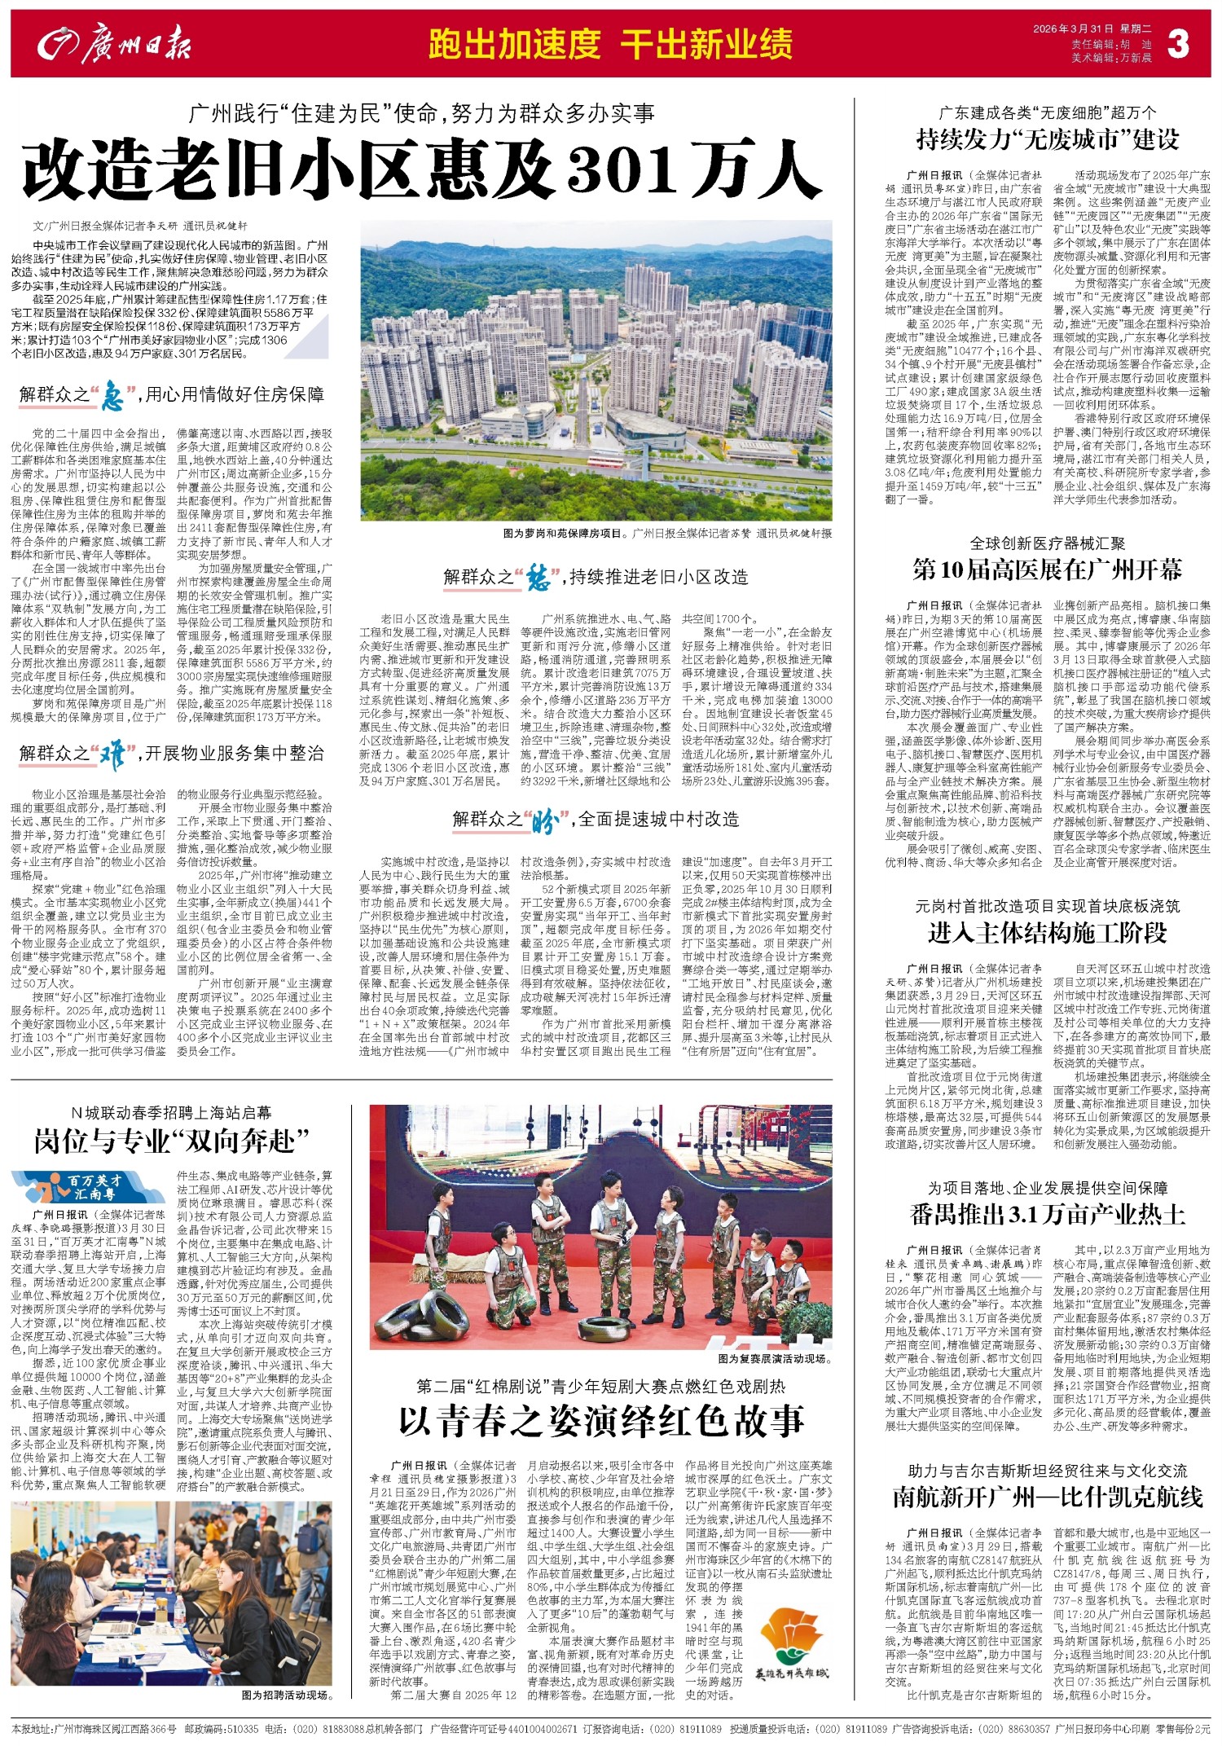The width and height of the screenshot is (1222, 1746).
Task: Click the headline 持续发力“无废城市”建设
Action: [1047, 139]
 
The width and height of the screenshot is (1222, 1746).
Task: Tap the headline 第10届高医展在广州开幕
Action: [1047, 570]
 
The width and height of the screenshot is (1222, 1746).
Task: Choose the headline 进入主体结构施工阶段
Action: [1047, 933]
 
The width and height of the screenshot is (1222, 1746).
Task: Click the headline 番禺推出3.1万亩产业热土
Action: [1047, 1215]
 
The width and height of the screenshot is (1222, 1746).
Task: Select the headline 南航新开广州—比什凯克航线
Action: [1047, 1497]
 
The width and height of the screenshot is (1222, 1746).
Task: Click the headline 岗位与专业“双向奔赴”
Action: [171, 1141]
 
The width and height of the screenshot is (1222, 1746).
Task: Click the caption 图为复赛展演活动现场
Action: [775, 1359]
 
